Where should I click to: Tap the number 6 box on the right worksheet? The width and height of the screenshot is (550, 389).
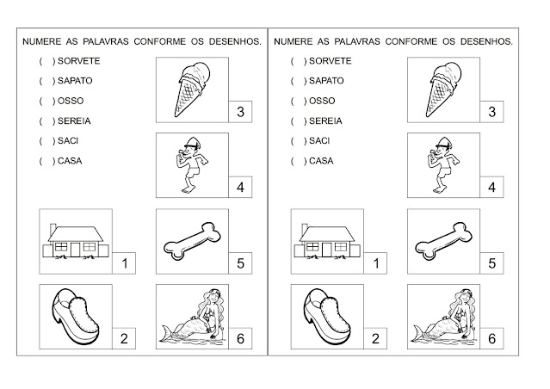pos(491,338)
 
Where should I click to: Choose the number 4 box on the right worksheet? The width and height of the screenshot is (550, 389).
pos(491,187)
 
